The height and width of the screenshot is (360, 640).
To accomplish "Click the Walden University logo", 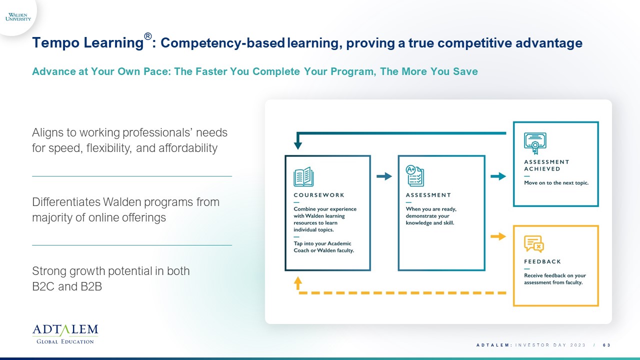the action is (18, 17).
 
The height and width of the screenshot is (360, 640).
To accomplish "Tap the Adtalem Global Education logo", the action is (65, 334).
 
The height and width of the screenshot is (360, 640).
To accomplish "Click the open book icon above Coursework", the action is (303, 176).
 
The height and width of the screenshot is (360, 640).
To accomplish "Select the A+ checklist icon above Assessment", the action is (415, 175).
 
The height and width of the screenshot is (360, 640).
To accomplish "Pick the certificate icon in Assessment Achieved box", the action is (535, 143).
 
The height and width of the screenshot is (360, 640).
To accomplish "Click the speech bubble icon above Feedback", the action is (533, 243).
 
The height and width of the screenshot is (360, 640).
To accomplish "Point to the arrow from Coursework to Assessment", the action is (384, 176).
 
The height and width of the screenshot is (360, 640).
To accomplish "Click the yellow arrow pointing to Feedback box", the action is (498, 236).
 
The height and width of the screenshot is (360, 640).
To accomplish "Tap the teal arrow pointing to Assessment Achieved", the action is (498, 176).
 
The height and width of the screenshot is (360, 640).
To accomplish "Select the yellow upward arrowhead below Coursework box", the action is (297, 282).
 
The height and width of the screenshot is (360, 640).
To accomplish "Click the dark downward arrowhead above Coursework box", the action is (297, 145).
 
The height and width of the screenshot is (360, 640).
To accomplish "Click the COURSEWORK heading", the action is (319, 195).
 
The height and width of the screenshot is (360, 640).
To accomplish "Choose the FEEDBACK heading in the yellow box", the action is (542, 261).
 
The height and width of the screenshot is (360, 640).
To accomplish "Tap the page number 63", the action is (606, 345).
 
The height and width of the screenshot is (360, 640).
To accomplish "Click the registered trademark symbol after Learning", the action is (147, 36).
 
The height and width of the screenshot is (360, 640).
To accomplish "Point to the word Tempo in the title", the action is (55, 43).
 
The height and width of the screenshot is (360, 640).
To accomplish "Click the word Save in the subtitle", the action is (465, 71).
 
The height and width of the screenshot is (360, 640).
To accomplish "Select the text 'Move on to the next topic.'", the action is (556, 183).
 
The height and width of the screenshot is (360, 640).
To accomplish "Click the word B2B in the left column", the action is (91, 286).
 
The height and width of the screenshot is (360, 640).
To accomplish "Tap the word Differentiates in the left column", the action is (66, 202).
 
